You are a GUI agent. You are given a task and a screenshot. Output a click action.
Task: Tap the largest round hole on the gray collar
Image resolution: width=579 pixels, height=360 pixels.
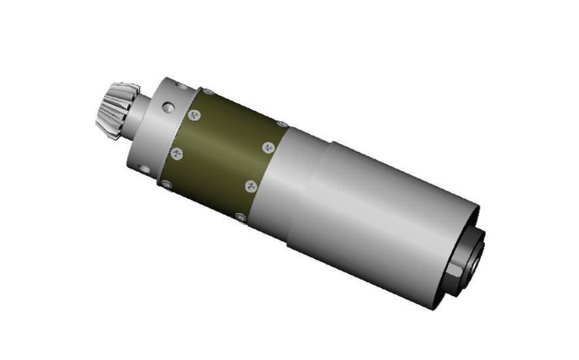[167, 108]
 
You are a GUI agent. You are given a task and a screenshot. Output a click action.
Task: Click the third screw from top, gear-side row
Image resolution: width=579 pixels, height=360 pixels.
[177, 153]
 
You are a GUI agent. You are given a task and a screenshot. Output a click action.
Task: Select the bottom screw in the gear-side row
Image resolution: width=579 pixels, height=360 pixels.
[167, 185]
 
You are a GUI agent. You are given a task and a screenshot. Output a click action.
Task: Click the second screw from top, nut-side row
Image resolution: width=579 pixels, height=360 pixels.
[267, 148]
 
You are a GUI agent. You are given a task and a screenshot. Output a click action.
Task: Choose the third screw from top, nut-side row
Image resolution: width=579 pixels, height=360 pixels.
[251, 186]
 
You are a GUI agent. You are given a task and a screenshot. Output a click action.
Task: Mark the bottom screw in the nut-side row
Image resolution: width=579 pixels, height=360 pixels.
[240, 218]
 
